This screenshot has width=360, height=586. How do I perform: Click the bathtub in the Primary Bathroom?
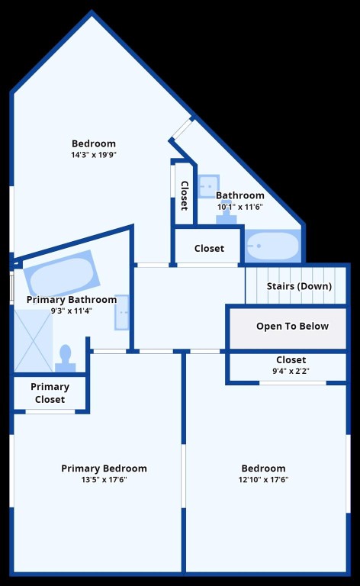pyautogui.click(x=59, y=272)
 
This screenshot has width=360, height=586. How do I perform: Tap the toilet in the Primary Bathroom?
pyautogui.click(x=66, y=357)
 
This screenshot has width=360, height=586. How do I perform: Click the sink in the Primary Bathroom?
pyautogui.click(x=122, y=312)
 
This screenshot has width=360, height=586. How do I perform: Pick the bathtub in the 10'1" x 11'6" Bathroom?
pyautogui.click(x=272, y=246)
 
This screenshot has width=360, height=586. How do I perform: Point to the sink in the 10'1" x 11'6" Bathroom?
pyautogui.click(x=207, y=186)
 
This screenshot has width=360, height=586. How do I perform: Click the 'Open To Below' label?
pyautogui.click(x=292, y=327)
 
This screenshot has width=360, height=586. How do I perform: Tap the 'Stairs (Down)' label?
pyautogui.click(x=299, y=286)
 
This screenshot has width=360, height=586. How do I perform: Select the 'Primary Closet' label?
pyautogui.click(x=50, y=393)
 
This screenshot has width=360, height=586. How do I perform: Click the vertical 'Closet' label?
pyautogui.click(x=184, y=196)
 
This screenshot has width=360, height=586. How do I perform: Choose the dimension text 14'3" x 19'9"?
pyautogui.click(x=94, y=155)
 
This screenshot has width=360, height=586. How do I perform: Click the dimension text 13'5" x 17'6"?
pyautogui.click(x=104, y=480)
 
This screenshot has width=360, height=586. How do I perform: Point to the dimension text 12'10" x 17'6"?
pyautogui.click(x=263, y=480)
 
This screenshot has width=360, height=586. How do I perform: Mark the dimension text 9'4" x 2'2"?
pyautogui.click(x=291, y=372)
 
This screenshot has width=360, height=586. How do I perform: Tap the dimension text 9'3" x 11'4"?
pyautogui.click(x=71, y=311)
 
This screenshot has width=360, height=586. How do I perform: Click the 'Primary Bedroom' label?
pyautogui.click(x=104, y=468)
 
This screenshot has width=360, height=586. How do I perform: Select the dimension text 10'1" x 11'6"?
pyautogui.click(x=239, y=207)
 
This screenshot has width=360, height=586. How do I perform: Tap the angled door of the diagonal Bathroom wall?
pyautogui.click(x=182, y=128)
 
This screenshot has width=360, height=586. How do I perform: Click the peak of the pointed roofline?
pyautogui.click(x=92, y=13)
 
